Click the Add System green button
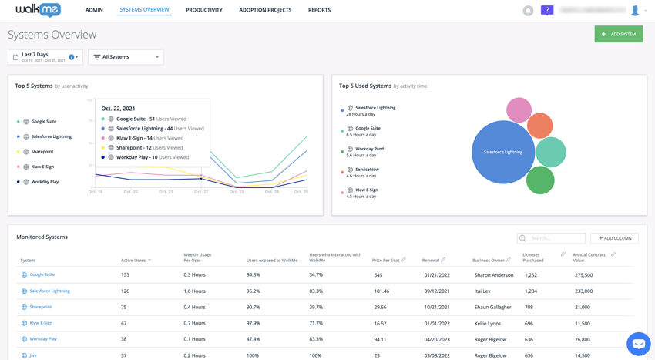618,34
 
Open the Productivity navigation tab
204,10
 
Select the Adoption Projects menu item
265,10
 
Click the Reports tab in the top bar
319,10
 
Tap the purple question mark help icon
547,10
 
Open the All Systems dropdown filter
126,57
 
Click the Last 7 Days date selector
45,57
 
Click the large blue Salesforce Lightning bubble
502,152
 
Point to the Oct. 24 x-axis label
272,192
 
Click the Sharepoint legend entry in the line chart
42,152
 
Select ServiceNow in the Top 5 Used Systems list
367,170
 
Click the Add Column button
614,238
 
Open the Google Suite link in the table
42,274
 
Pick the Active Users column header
134,261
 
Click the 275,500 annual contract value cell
583,275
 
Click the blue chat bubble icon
638,343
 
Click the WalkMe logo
39,10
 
